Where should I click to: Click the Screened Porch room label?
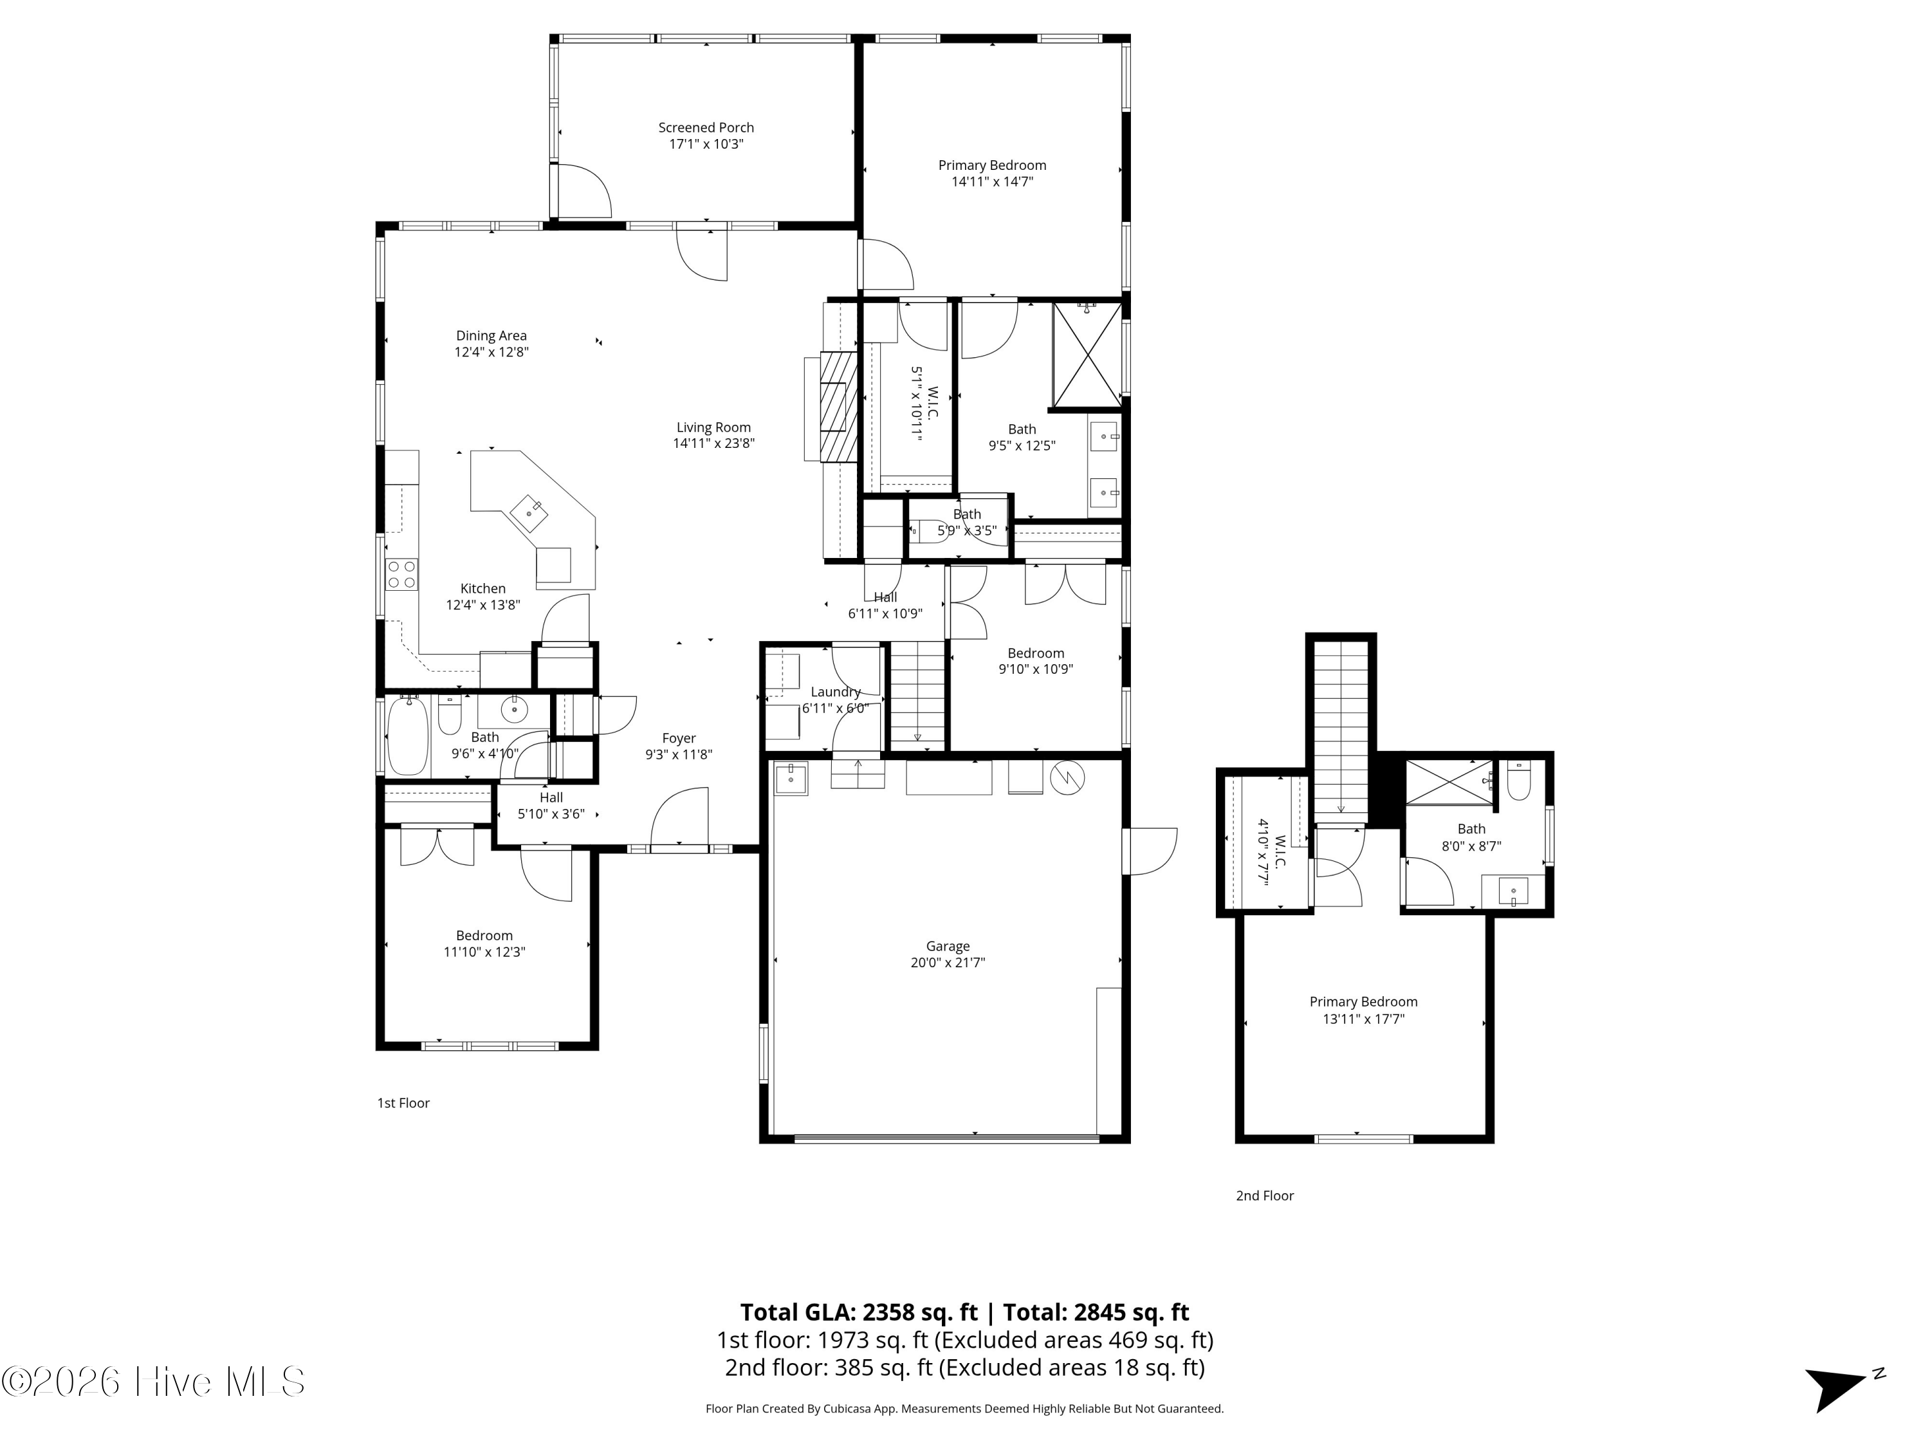(706, 127)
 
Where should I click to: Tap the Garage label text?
(948, 946)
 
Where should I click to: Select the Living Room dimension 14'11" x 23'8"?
(713, 443)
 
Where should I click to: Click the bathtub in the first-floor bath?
(407, 735)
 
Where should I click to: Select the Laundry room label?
(836, 692)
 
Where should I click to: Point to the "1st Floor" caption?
(403, 1103)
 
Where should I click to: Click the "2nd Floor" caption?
(1264, 1196)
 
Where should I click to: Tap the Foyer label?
(679, 738)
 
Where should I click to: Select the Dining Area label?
(492, 336)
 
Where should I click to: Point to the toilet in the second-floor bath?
(1519, 781)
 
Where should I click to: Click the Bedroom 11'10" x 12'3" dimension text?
(484, 952)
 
